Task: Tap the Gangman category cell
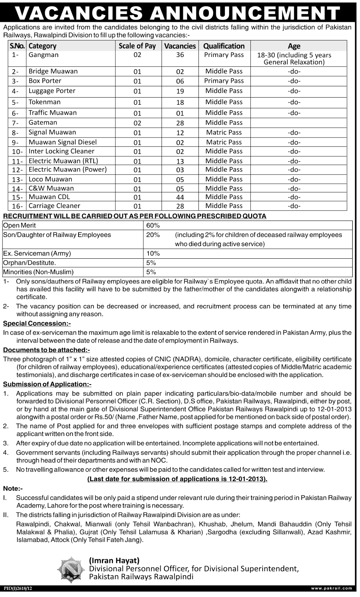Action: coord(43,55)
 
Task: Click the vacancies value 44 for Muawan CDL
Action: coord(180,197)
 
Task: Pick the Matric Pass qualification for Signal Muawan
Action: coord(224,132)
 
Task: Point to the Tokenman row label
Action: coord(44,102)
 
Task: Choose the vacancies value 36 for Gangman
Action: coord(180,55)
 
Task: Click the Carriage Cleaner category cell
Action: coord(54,206)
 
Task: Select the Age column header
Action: coord(294,46)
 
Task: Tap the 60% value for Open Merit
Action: coord(153,225)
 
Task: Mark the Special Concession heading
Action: coord(37,323)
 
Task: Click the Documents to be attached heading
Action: coord(46,350)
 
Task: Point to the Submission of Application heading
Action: coord(47,385)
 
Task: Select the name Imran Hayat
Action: coord(114,561)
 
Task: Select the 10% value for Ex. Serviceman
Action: coord(153,254)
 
